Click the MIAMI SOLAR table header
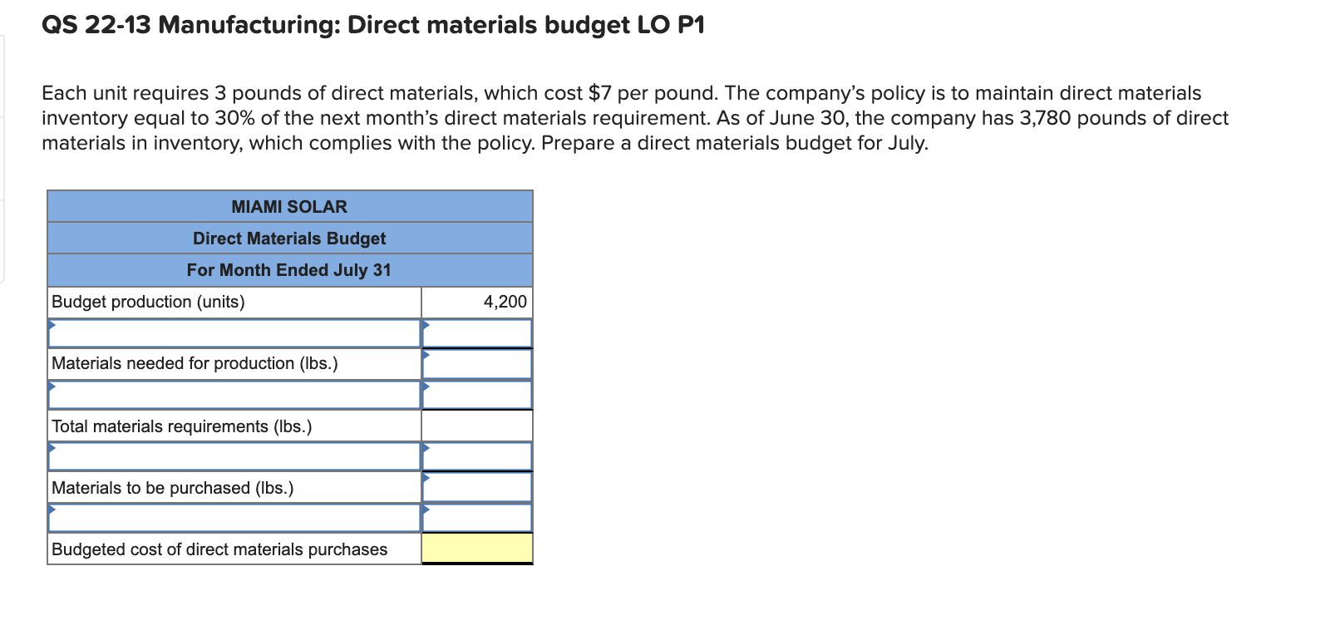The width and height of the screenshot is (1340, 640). coord(289,206)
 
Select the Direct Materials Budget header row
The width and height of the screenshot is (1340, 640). coord(289,239)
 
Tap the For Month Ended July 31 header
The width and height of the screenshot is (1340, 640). coord(289,270)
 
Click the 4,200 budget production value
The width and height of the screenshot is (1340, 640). coord(505,302)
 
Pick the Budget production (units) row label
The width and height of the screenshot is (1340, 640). coord(148,302)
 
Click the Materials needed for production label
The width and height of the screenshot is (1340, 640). coord(195,363)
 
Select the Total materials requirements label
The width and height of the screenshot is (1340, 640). coord(181,426)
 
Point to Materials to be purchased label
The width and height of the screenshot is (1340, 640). coord(172,488)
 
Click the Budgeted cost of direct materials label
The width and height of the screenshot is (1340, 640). coord(219,549)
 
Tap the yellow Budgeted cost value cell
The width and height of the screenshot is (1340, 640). coord(477,549)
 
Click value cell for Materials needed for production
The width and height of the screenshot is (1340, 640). coord(477,364)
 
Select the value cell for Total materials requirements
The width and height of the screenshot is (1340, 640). coord(477,426)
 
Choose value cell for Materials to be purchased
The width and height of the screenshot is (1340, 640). coord(477,488)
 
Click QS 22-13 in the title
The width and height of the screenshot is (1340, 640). coord(96,26)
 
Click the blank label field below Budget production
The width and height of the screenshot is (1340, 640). coord(234,333)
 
